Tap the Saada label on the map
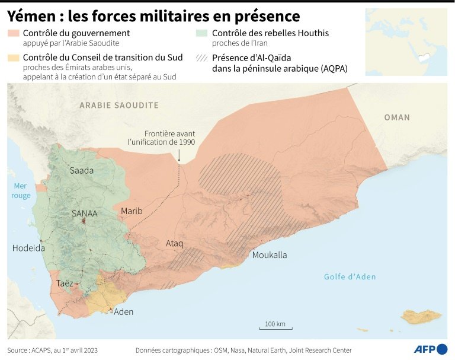[x=82, y=170]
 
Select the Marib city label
[x=132, y=211]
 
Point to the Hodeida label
[x=28, y=248]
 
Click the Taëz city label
[x=65, y=283]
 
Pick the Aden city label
[x=123, y=311]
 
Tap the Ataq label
[x=174, y=243]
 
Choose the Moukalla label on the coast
[x=270, y=255]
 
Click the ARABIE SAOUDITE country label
[x=119, y=105]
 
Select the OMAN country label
[x=396, y=117]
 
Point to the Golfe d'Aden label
[x=350, y=276]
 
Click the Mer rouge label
[x=21, y=191]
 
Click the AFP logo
[x=430, y=349]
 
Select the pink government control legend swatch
[x=13, y=34]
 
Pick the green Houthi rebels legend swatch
[x=203, y=34]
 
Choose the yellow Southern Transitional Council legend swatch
[x=13, y=58]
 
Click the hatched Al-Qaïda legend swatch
[x=203, y=58]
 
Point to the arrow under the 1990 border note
[x=178, y=155]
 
